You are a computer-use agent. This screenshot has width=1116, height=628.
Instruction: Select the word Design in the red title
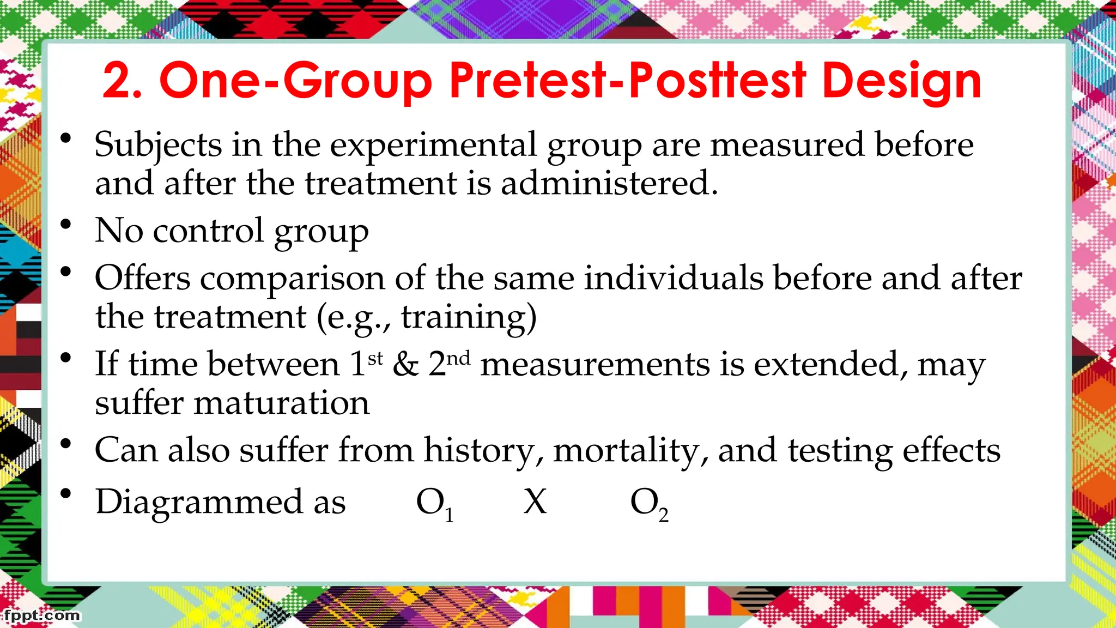coord(901,82)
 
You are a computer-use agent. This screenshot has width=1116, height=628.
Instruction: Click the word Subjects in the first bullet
coord(158,146)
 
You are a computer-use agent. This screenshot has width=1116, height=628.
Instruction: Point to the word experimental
coord(433,146)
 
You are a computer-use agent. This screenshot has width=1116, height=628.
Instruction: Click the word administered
coord(609,183)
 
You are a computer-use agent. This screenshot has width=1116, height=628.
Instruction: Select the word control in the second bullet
coord(209,231)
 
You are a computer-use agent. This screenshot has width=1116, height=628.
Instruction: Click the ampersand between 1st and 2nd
coord(406,364)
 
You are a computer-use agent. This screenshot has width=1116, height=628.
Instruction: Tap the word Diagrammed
coord(199,502)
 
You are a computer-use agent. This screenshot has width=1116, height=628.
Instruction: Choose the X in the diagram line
coord(535,502)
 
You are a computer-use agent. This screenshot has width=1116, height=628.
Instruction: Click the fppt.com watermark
coord(41,615)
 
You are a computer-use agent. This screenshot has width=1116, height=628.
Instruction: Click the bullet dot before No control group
coord(66,224)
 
